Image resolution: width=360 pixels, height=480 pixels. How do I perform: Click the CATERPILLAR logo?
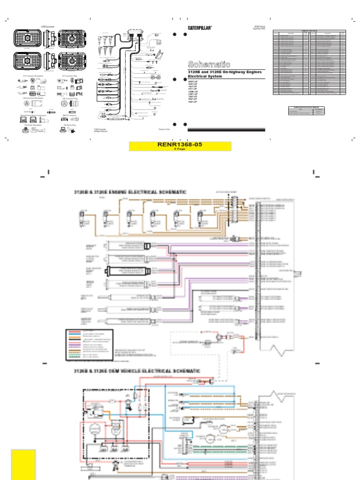click(200, 28)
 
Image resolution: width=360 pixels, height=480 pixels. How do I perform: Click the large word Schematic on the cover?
click(209, 64)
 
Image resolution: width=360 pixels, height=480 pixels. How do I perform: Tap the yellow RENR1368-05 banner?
click(180, 146)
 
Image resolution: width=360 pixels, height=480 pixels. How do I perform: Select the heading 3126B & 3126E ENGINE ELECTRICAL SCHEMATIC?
click(130, 192)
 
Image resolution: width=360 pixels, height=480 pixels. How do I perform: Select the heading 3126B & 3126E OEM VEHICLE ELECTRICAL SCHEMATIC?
click(137, 371)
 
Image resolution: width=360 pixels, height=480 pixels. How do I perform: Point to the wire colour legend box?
click(89, 344)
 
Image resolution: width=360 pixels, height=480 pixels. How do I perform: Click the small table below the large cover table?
click(306, 110)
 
